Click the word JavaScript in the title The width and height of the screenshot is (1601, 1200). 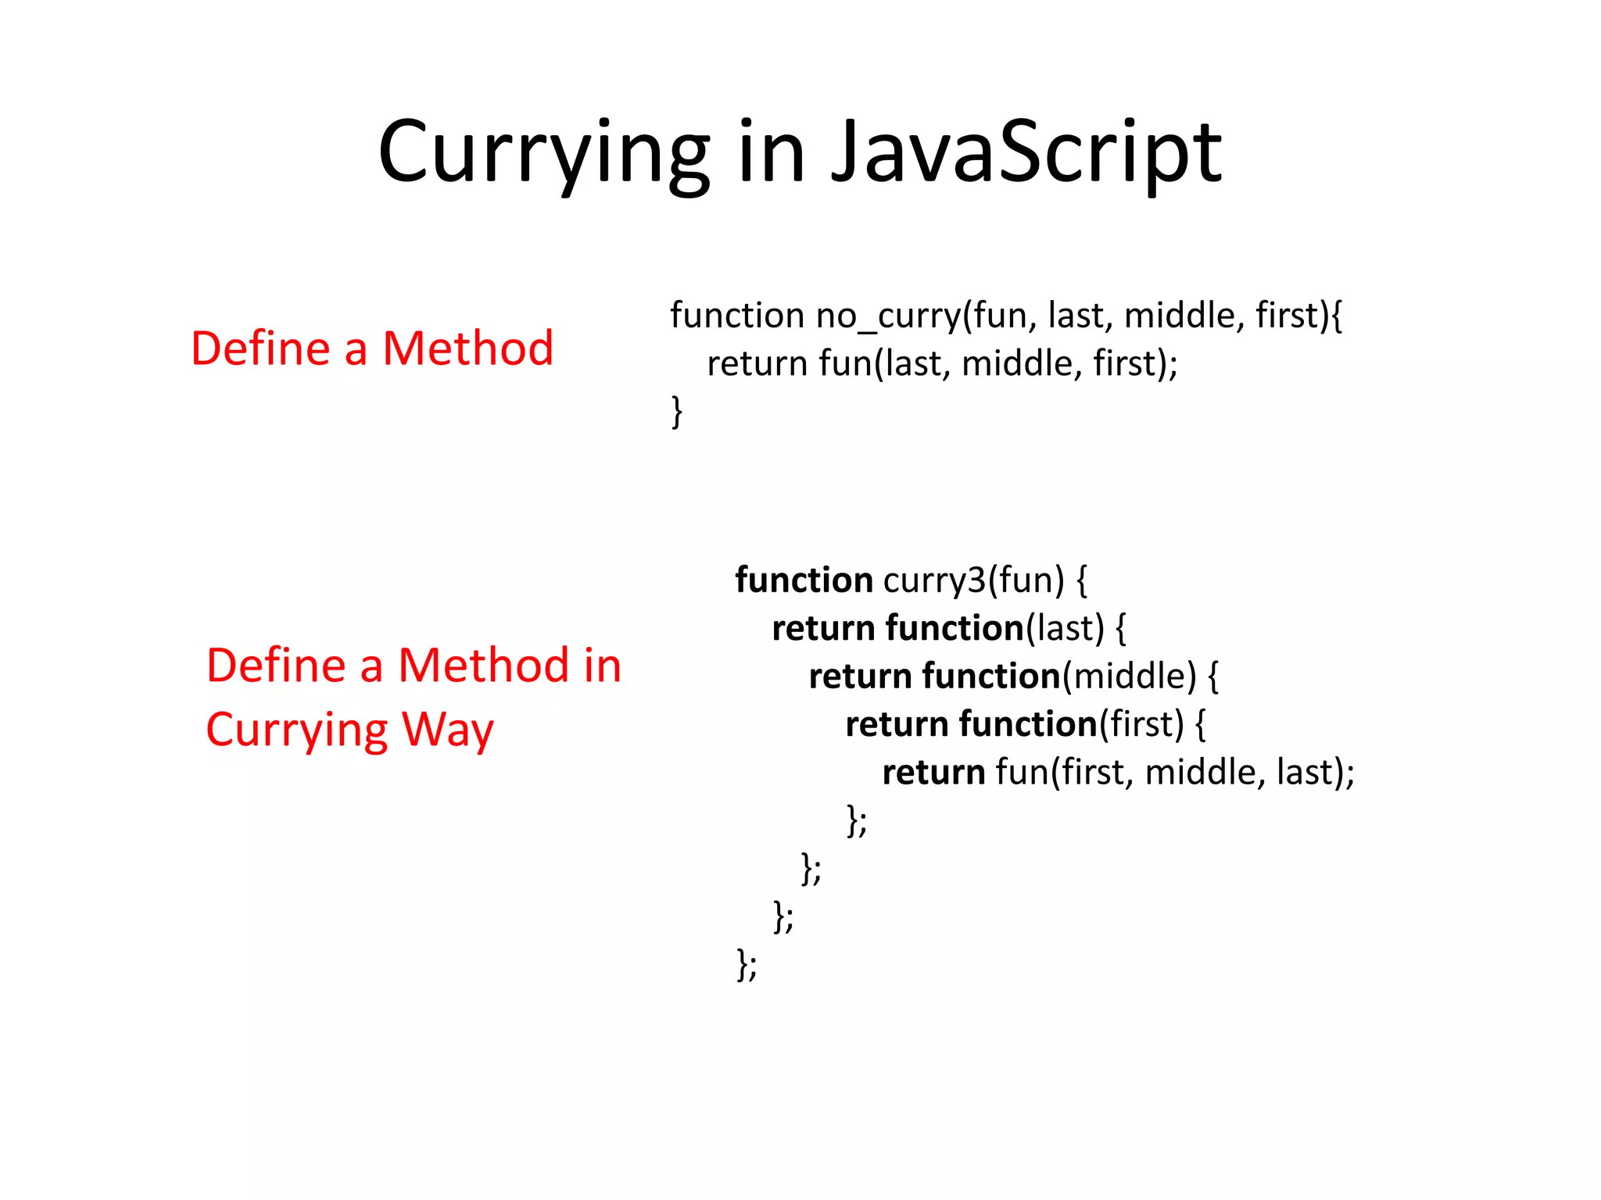coord(1026,152)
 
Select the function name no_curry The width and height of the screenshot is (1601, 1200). coord(888,316)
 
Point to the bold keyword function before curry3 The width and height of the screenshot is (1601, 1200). coord(804,580)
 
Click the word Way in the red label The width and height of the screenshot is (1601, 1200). coord(447,730)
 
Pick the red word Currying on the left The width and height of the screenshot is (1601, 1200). coord(296,730)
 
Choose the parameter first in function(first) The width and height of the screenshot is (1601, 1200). coord(1141,725)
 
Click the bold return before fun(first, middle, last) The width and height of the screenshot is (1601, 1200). coord(933,773)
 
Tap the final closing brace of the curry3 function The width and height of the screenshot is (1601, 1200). coord(743,963)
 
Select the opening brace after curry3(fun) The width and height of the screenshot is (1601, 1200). coord(1082,580)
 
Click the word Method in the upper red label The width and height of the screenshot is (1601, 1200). coord(467,348)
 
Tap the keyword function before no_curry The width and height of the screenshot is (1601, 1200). coord(737,316)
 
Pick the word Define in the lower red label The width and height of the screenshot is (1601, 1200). coord(275,666)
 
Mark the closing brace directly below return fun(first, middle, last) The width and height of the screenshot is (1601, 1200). coord(853,820)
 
